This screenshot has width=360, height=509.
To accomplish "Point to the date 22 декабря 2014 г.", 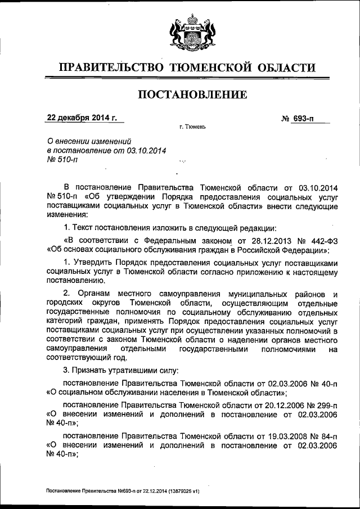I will click(x=82, y=118).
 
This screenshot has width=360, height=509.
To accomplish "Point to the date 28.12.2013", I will click(x=268, y=240).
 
